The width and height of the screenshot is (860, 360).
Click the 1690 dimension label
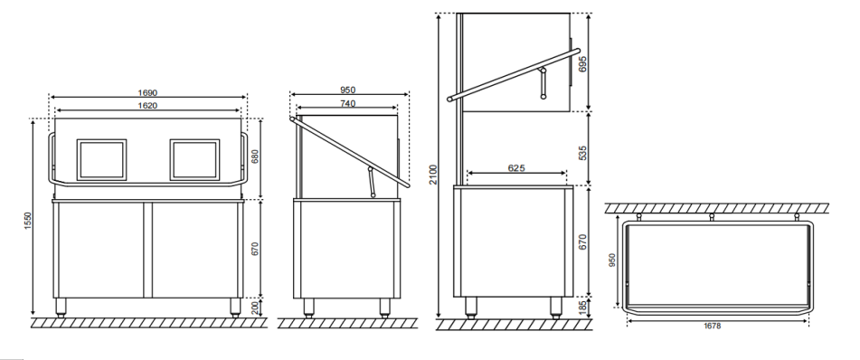[x=148, y=93]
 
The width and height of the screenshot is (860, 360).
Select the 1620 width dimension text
[x=148, y=105]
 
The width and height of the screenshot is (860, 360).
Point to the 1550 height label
[x=29, y=221]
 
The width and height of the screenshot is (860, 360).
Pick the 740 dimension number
[x=348, y=103]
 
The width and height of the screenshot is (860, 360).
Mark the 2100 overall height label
[x=433, y=175]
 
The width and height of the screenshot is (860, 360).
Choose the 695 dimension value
[x=583, y=63]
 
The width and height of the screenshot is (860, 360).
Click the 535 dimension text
[x=583, y=152]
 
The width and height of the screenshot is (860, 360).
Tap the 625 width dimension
[x=516, y=168]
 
